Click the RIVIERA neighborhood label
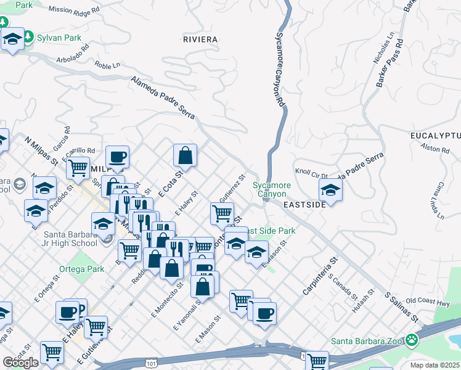click(200, 39)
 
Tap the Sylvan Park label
click(59, 38)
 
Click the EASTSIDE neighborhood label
click(304, 204)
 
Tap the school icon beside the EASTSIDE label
click(330, 191)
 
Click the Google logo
click(20, 363)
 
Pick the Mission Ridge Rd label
click(73, 10)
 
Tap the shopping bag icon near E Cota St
click(185, 157)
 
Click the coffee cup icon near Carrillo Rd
click(117, 157)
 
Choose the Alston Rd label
click(435, 148)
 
